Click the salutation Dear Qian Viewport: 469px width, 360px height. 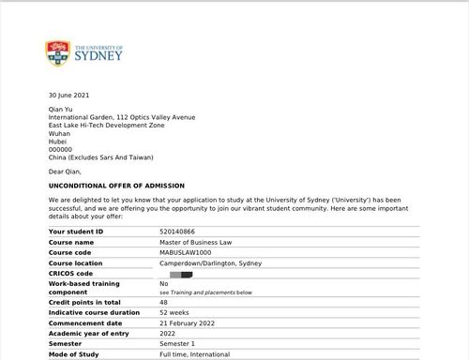tap(66, 172)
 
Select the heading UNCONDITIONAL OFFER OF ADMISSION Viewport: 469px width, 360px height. tap(116, 186)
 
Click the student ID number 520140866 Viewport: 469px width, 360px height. tap(181, 231)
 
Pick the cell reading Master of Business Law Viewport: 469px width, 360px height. tap(197, 241)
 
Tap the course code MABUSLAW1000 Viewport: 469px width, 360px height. tap(188, 252)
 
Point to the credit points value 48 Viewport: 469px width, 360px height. tap(164, 303)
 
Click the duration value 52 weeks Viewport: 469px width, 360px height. tap(174, 313)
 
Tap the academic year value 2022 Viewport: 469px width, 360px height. tap(168, 334)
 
